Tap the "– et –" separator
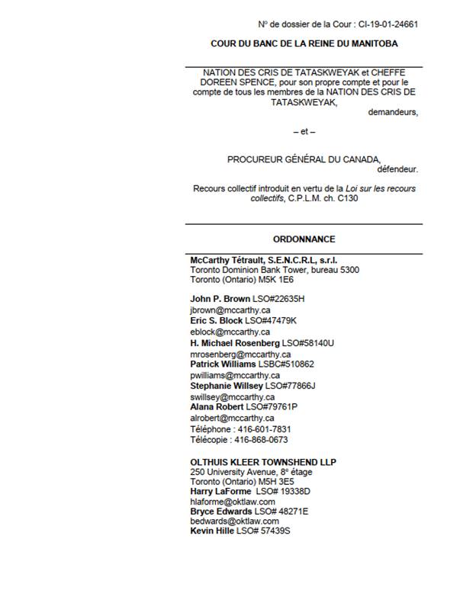click(304, 132)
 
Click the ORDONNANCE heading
click(304, 239)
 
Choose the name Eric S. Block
click(217, 321)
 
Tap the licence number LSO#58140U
click(308, 343)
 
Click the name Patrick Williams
click(223, 364)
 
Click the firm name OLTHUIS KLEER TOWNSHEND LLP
click(263, 462)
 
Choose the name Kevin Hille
click(212, 531)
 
